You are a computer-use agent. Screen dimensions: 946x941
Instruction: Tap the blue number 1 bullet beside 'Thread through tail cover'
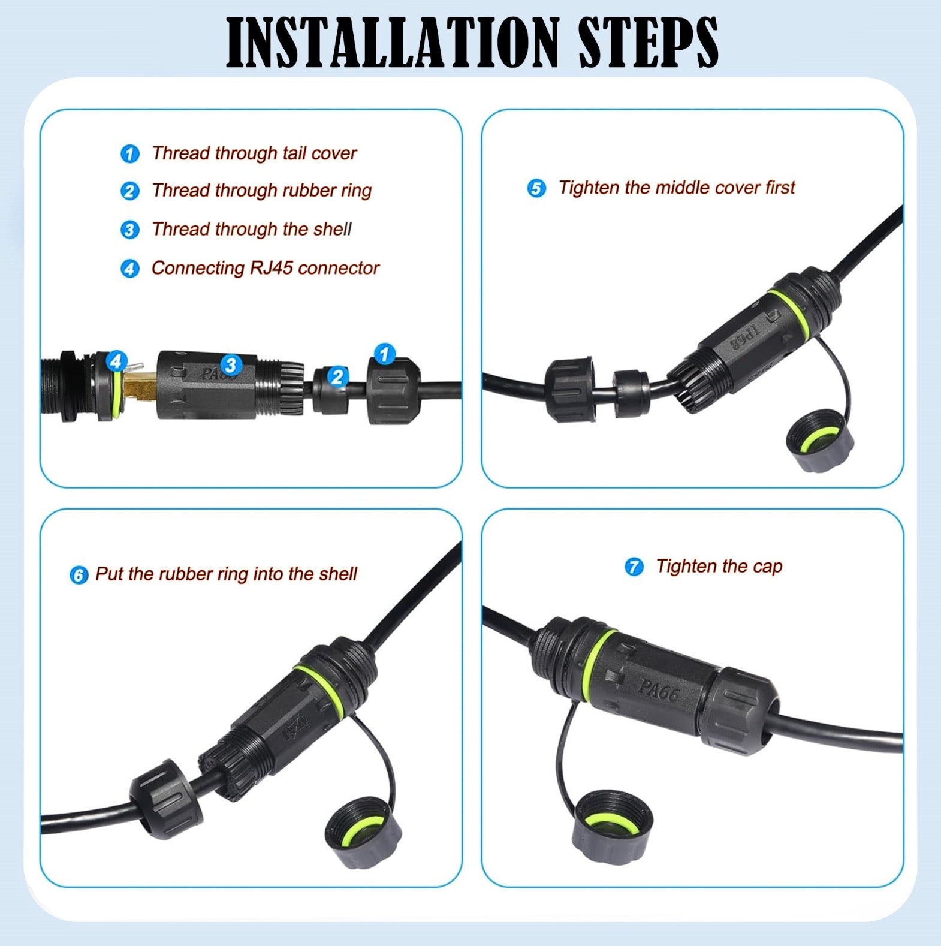(129, 154)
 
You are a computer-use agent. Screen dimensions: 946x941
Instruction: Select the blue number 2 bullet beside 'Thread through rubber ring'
(129, 192)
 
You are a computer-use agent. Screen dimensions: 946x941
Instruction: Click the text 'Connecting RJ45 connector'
(265, 268)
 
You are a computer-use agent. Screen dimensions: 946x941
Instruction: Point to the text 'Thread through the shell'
(251, 229)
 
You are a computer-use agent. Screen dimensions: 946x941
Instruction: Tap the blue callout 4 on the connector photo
(116, 361)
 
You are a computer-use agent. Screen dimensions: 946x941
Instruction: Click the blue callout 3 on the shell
(231, 365)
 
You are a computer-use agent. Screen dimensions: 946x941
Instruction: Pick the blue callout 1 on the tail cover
(384, 354)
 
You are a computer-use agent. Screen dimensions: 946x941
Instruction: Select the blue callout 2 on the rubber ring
(337, 376)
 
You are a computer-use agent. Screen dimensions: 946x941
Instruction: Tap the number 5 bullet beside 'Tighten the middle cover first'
(536, 188)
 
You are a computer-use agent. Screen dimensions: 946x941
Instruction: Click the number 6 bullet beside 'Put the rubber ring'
(79, 575)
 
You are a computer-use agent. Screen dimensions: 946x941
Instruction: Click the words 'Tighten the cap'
(719, 567)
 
